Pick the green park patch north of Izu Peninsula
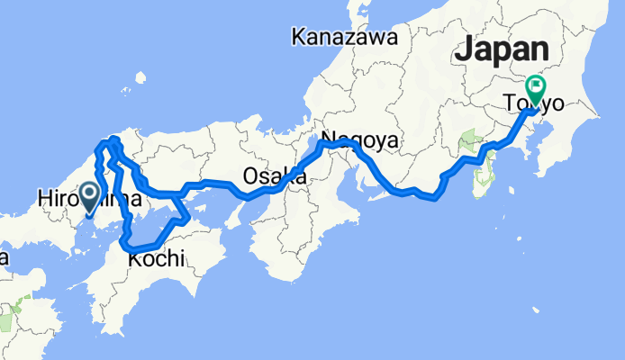pyautogui.click(x=468, y=140)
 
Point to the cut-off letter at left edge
pyautogui.click(x=4, y=258)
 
